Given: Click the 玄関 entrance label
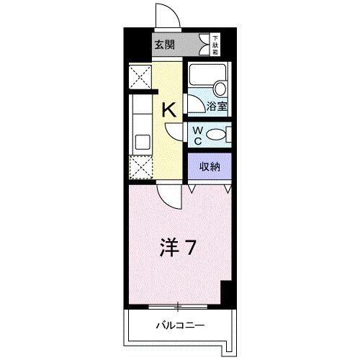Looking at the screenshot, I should coord(164,45).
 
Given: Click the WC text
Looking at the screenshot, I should coord(197,135).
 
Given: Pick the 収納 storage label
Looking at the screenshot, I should coord(210,166).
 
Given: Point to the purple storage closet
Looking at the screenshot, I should coord(210,166).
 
